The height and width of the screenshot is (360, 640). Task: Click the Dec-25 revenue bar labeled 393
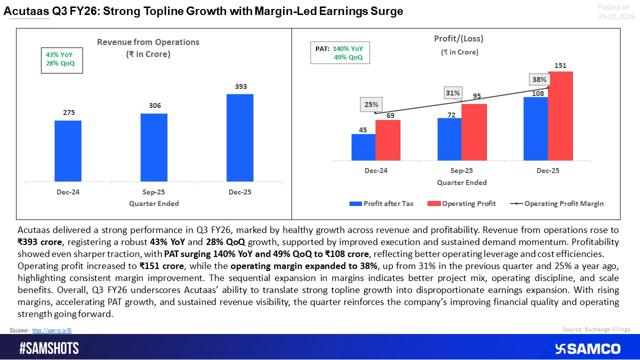coord(239,137)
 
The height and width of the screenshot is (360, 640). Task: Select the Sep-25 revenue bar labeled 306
coord(153,147)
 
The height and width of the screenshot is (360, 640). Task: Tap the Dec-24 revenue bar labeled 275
coord(68,151)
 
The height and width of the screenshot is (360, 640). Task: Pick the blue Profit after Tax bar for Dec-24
coord(363,147)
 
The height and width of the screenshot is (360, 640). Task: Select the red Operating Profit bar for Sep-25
coord(474,132)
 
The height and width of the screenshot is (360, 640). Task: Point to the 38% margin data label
coord(540,79)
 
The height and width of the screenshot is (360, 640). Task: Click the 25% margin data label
coord(371,104)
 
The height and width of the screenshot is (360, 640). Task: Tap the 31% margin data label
coord(453,93)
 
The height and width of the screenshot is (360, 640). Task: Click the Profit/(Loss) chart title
coord(458,38)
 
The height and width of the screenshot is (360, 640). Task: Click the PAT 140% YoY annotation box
coord(340,53)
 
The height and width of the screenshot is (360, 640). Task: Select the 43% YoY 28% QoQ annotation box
coord(61,60)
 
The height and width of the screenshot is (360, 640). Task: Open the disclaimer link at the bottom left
coord(52,330)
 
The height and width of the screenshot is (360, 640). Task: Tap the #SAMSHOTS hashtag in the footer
coord(49,348)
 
